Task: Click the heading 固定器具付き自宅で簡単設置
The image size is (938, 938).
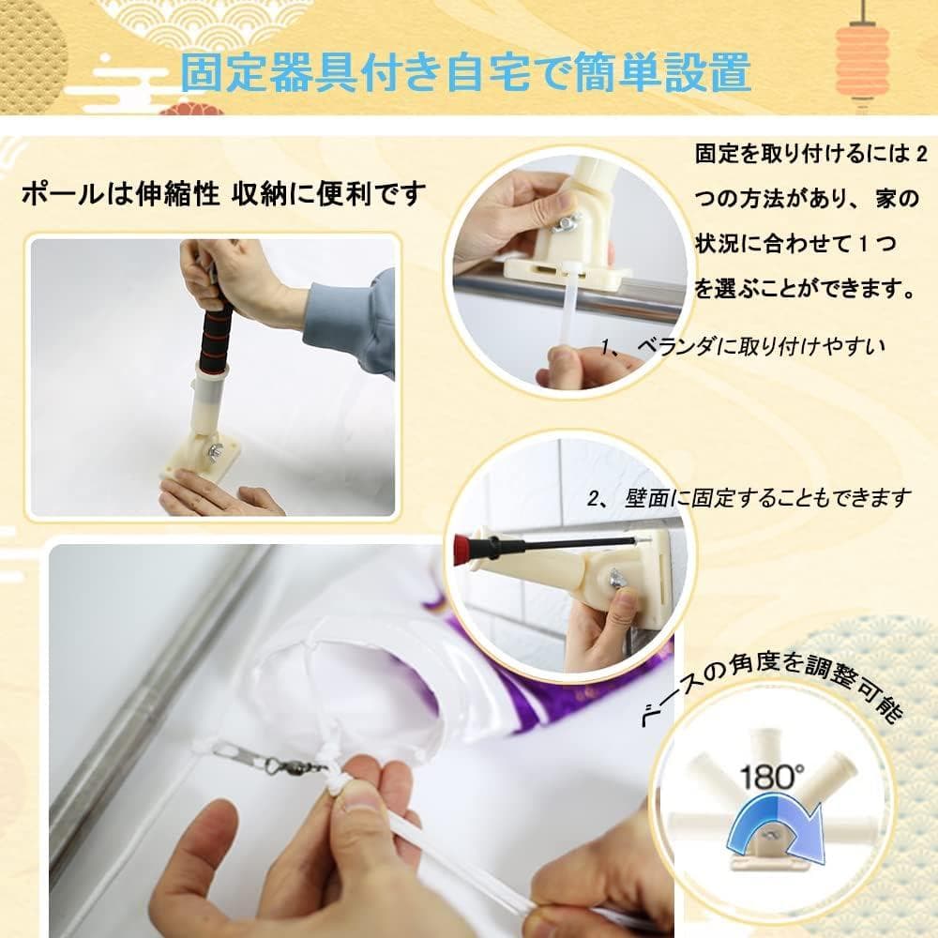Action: (465, 73)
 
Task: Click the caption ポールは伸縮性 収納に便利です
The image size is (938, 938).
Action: (224, 195)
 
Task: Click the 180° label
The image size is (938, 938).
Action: (771, 777)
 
